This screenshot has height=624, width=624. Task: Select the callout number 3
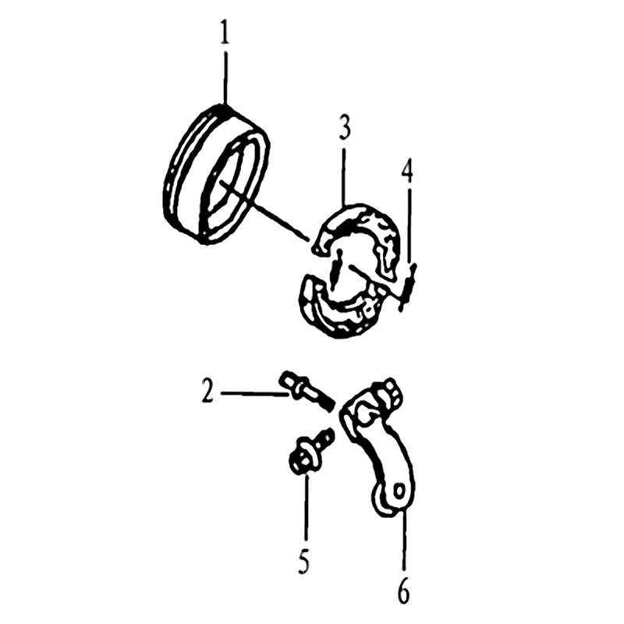pos(345,127)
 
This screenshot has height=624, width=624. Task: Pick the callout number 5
pos(304,560)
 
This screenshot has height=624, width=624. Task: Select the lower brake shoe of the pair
pos(339,310)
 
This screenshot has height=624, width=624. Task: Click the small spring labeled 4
pos(409,285)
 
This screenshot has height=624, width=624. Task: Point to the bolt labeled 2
pos(307,392)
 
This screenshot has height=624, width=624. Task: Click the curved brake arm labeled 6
pos(378,450)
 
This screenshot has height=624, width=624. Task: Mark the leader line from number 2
pos(254,394)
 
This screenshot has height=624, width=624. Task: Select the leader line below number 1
pos(226,76)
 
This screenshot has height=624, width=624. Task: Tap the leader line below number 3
pos(345,176)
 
